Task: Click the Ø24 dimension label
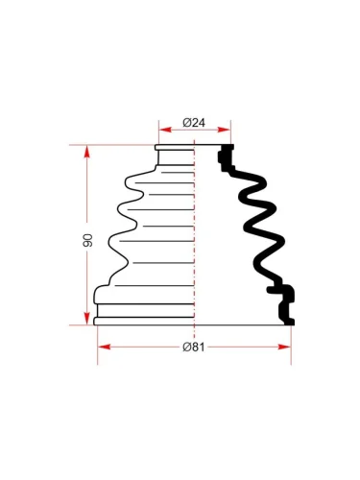[x=194, y=122]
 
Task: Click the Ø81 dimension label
[x=193, y=347]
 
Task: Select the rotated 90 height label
[x=87, y=240]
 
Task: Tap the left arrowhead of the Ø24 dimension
[x=165, y=130]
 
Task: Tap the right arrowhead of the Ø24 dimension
[x=224, y=130]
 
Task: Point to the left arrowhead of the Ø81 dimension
[x=105, y=347]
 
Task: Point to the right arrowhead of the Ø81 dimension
[x=284, y=347]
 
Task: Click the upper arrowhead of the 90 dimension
[x=87, y=152]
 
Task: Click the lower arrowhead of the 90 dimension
[x=87, y=319]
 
